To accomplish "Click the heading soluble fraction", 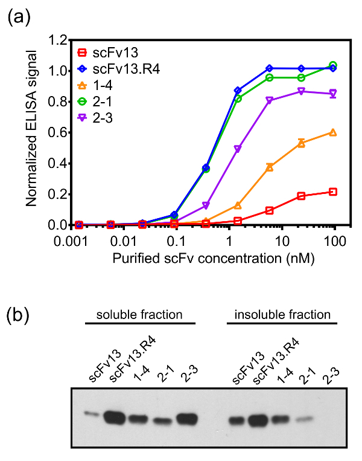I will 140,315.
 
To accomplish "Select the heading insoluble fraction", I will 282,315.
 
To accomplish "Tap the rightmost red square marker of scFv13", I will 332,192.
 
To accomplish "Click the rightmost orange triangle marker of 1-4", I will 332,132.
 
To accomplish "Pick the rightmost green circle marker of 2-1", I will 332,65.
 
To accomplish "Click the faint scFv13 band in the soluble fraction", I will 91,414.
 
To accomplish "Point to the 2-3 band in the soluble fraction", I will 186,418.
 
